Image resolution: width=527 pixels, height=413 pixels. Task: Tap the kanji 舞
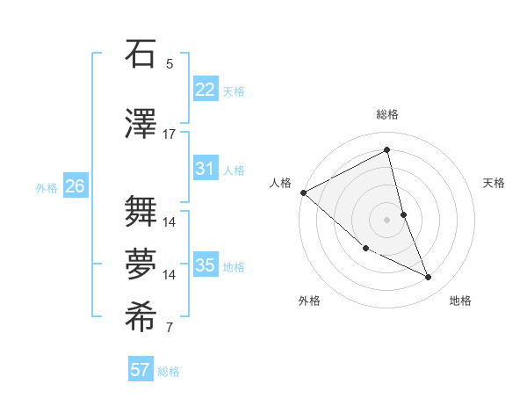(x=142, y=211)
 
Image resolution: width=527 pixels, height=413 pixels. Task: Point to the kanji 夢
(x=142, y=264)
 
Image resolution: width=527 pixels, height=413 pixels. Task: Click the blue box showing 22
(x=205, y=90)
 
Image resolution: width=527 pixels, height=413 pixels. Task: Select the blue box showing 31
(x=205, y=169)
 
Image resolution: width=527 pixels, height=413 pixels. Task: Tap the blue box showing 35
(x=205, y=265)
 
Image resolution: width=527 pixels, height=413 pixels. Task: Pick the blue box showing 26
(x=75, y=186)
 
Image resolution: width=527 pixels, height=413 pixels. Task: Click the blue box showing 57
(x=141, y=370)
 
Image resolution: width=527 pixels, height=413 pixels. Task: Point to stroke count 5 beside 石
(x=170, y=64)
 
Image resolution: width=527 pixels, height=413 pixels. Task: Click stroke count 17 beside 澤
(x=170, y=134)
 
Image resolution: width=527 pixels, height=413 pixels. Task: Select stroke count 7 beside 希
(x=170, y=329)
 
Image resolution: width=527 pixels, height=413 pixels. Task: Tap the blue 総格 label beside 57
(x=169, y=372)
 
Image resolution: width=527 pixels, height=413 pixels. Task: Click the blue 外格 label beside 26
(x=47, y=187)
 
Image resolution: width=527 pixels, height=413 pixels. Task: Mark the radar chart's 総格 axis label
(x=387, y=114)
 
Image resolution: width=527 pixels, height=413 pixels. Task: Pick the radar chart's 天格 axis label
(x=495, y=183)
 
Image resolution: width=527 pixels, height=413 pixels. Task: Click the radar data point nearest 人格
(x=303, y=192)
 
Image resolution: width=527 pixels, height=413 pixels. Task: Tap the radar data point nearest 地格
(x=429, y=278)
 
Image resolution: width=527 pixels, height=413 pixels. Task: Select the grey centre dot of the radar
(x=387, y=220)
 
